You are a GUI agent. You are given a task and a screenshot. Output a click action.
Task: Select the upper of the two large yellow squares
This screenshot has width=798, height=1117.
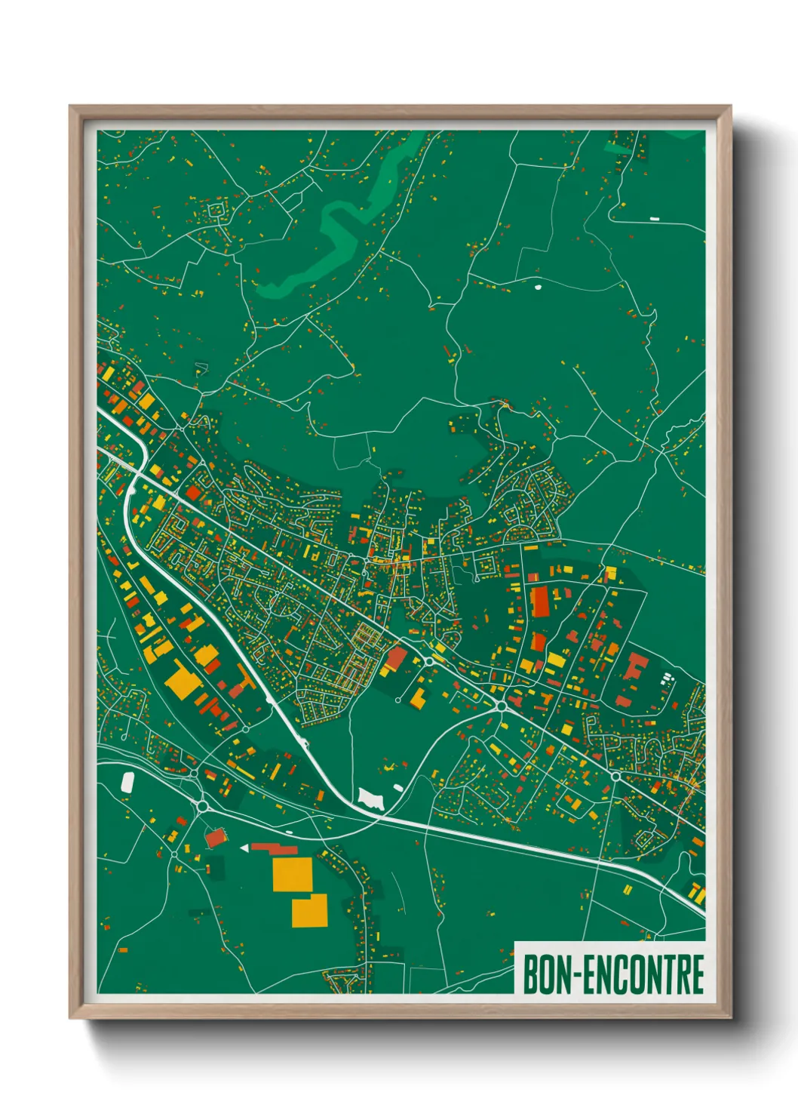point(292,874)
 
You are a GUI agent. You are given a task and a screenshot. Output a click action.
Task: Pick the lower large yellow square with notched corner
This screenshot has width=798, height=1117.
point(310,911)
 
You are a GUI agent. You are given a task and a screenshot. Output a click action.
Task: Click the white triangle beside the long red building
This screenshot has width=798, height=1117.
point(244,849)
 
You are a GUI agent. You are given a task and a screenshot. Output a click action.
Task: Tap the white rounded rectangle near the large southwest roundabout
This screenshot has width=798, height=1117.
point(127,781)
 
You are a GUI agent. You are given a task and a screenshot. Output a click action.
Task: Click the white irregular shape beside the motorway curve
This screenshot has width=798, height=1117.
point(370,799)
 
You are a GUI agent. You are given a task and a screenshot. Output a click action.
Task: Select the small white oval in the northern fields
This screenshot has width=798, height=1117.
point(537,286)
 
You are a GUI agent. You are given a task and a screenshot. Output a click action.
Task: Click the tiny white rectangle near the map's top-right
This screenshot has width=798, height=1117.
point(654,218)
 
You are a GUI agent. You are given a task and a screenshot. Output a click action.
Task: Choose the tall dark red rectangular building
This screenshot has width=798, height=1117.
point(540,601)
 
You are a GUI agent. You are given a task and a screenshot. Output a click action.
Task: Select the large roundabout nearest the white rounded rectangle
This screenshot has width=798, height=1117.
point(201,805)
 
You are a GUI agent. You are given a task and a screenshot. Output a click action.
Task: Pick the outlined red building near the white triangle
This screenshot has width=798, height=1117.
point(216,837)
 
